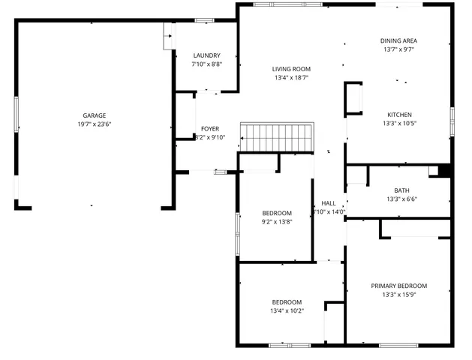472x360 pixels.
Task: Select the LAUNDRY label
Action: click(x=206, y=55)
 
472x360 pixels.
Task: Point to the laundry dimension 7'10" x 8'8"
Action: click(x=206, y=64)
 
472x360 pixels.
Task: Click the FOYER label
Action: click(x=210, y=128)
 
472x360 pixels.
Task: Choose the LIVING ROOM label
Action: click(x=291, y=68)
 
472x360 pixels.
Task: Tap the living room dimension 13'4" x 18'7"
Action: click(x=291, y=77)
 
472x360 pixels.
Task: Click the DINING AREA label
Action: click(x=398, y=40)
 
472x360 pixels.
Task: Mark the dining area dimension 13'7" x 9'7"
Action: click(x=398, y=49)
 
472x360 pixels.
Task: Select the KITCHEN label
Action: click(x=398, y=115)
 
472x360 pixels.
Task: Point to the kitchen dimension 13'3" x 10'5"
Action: click(x=398, y=124)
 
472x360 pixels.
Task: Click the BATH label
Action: click(x=401, y=190)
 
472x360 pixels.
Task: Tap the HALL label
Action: click(x=329, y=203)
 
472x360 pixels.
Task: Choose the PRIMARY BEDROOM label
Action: click(x=398, y=286)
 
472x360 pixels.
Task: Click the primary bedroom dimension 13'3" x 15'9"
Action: click(x=398, y=295)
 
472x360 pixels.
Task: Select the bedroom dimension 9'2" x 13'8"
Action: click(x=276, y=222)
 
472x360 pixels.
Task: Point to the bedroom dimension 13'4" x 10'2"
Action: click(x=287, y=311)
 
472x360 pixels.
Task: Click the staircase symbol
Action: click(x=275, y=138)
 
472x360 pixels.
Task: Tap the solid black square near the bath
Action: click(x=444, y=171)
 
